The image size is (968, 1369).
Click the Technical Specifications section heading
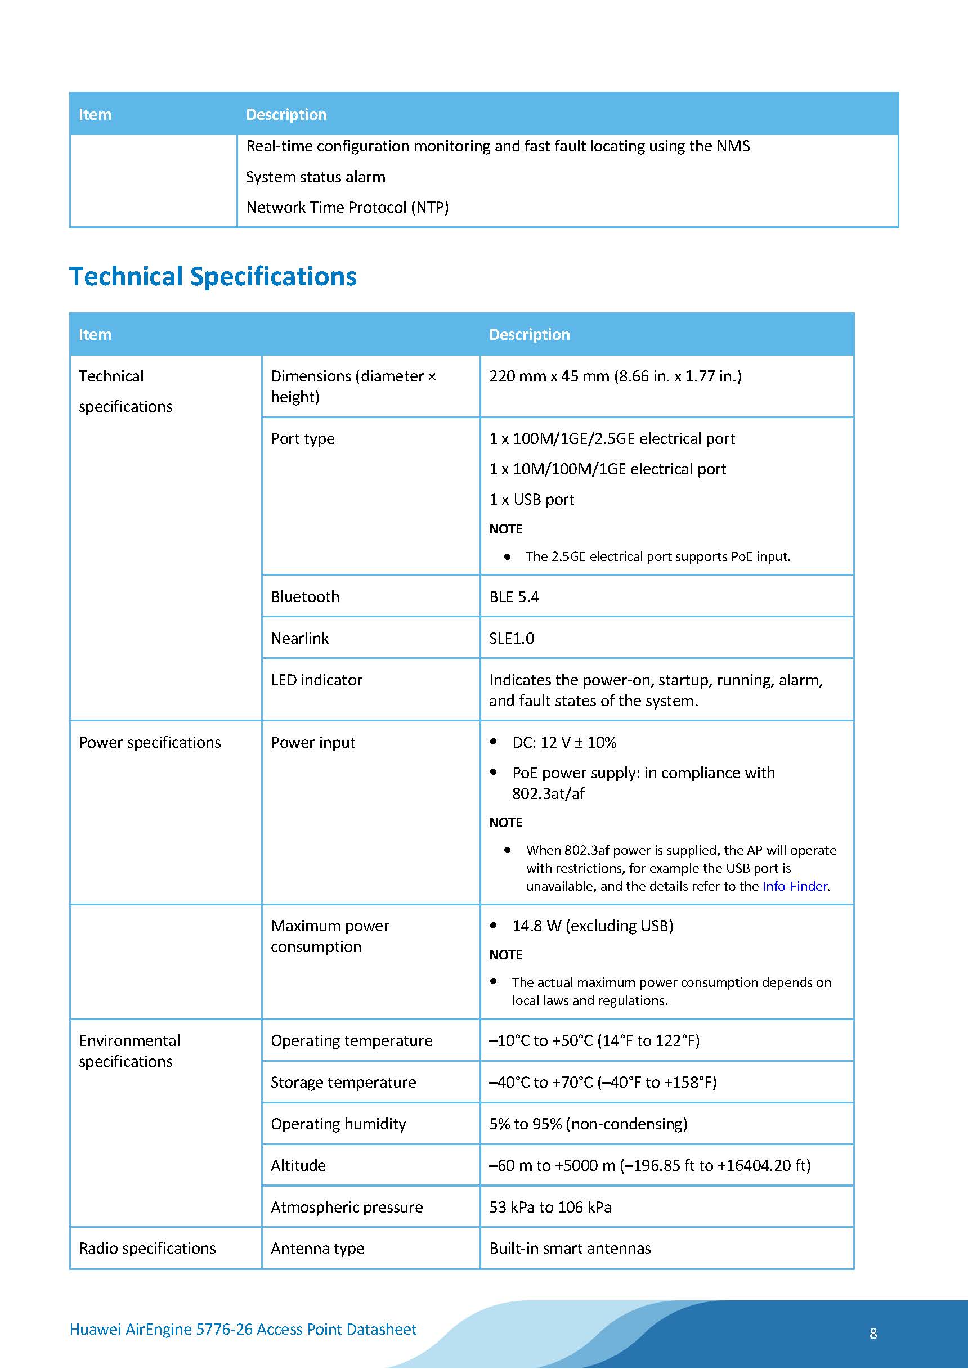tap(213, 277)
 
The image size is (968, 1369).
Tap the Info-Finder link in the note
tap(795, 886)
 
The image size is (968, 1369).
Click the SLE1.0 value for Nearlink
tap(511, 638)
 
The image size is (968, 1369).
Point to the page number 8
tap(872, 1333)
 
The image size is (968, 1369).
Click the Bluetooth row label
tap(305, 596)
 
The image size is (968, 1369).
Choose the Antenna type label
tap(317, 1248)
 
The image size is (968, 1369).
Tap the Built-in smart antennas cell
tap(570, 1248)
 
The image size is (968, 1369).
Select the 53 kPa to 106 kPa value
tap(550, 1207)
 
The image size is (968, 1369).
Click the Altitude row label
tap(298, 1165)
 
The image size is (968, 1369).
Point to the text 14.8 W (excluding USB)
tap(592, 926)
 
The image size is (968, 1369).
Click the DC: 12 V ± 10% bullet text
tap(563, 742)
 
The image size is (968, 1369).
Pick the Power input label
tap(312, 742)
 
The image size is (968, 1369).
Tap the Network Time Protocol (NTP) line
tap(347, 207)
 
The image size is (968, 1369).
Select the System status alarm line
tap(316, 177)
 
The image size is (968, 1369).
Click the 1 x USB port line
tap(531, 499)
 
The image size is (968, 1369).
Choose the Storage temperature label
tap(343, 1082)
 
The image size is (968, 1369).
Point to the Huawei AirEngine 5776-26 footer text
tap(243, 1329)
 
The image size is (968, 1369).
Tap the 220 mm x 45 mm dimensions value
tap(615, 376)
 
